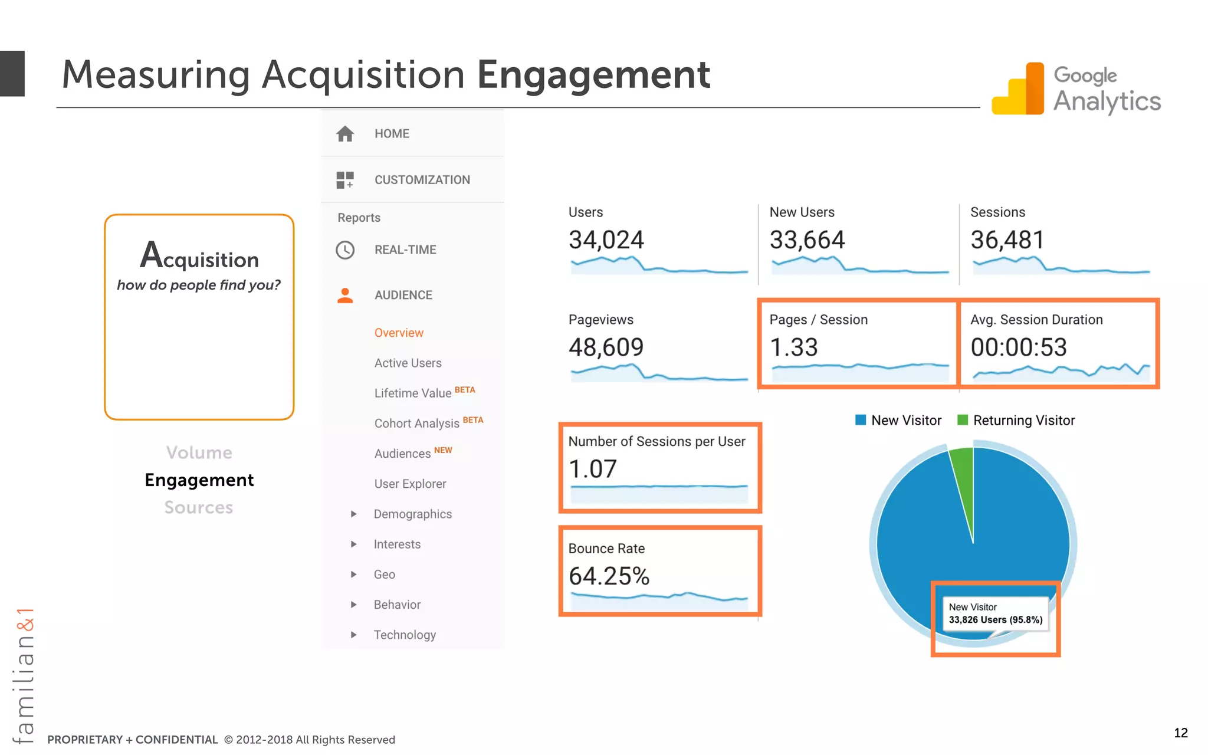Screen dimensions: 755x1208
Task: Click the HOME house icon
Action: click(345, 134)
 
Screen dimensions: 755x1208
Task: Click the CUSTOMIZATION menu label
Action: click(422, 180)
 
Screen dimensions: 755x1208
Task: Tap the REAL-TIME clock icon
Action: click(345, 250)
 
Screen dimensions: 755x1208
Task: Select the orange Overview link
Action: click(399, 333)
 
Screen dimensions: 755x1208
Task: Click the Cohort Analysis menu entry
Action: click(416, 424)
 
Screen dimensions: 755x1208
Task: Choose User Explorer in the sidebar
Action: click(410, 484)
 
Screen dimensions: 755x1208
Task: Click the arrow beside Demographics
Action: click(353, 514)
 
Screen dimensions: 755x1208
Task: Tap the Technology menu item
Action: click(405, 635)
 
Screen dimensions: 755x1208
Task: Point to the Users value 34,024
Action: click(606, 240)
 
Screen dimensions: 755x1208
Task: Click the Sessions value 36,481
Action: click(1007, 240)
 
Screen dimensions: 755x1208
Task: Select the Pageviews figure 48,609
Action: click(606, 347)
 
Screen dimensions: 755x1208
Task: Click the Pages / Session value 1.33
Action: click(793, 347)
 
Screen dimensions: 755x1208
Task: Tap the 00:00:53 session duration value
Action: click(1019, 347)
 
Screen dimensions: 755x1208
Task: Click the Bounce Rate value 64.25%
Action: click(609, 576)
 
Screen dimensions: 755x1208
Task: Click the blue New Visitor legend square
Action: click(861, 420)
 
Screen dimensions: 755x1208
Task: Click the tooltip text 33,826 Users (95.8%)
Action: click(995, 620)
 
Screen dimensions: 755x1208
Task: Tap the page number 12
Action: click(1180, 733)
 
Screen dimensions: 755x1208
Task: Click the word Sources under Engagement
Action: click(199, 507)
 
